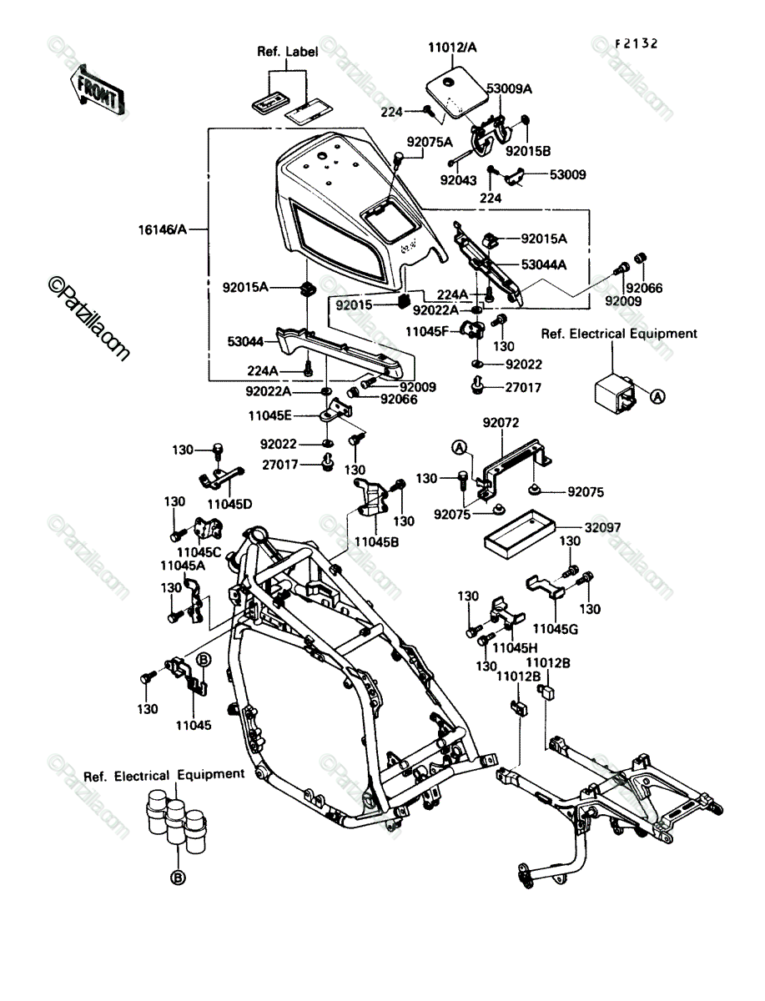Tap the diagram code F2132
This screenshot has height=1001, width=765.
[x=637, y=43]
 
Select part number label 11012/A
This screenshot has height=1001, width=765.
[x=452, y=48]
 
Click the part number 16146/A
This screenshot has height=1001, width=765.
[x=163, y=229]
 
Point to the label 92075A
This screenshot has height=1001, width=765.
[x=430, y=143]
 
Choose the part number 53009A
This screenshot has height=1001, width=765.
[x=509, y=88]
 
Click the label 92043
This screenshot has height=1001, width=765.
[x=458, y=180]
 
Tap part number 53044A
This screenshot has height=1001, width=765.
[x=544, y=264]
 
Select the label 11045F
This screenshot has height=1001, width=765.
[x=427, y=331]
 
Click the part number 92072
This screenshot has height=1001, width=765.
[x=501, y=423]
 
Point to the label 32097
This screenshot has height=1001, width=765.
[x=602, y=528]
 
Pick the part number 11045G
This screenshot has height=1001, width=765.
[x=556, y=629]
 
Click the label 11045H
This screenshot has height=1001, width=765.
[x=515, y=647]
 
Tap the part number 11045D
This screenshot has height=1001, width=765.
[x=229, y=505]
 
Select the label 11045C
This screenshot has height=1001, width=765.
[x=199, y=552]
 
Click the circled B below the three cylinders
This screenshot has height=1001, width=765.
[x=178, y=878]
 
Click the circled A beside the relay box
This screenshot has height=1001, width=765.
[x=657, y=396]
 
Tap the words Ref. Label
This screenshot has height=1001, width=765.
[x=287, y=52]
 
